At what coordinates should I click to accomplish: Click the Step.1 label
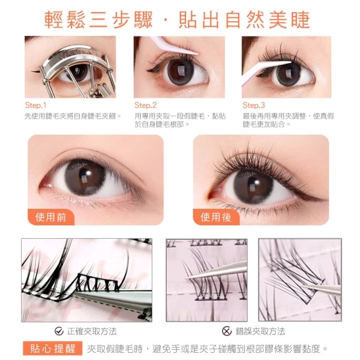pyautogui.click(x=35, y=105)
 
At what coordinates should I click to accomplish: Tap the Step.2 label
pyautogui.click(x=145, y=105)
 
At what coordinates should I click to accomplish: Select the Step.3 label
pyautogui.click(x=254, y=105)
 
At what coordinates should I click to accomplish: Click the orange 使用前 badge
pyautogui.click(x=51, y=217)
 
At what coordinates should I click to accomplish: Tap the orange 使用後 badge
pyautogui.click(x=216, y=217)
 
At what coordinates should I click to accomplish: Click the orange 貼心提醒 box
pyautogui.click(x=53, y=348)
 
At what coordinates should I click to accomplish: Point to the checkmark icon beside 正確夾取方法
pyautogui.click(x=59, y=331)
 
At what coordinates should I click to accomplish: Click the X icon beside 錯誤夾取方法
pyautogui.click(x=227, y=331)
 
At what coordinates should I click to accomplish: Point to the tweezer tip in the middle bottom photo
pyautogui.click(x=187, y=278)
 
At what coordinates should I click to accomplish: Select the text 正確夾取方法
pyautogui.click(x=92, y=331)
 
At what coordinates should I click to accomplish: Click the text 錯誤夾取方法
pyautogui.click(x=260, y=331)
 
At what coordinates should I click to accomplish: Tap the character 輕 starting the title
pyautogui.click(x=54, y=20)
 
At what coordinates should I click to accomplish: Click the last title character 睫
pyautogui.click(x=301, y=20)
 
